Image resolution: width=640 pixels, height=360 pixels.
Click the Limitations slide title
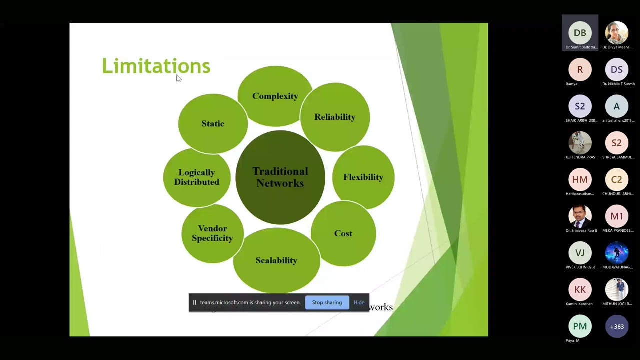156,66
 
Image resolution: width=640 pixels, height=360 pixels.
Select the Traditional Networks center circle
280,177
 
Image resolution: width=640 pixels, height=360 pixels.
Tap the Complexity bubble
275,96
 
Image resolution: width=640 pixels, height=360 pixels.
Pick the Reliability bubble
335,117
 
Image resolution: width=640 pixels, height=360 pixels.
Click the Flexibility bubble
363,177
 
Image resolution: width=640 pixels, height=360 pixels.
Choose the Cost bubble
343,233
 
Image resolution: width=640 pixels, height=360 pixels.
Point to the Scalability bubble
276,260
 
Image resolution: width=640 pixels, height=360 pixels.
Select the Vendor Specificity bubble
212,233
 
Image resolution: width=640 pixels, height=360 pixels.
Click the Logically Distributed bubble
197,177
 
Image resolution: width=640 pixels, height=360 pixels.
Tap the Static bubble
213,123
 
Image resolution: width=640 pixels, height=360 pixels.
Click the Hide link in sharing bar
359,302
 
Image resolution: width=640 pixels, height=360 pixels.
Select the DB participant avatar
580,33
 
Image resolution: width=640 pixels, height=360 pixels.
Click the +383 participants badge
617,326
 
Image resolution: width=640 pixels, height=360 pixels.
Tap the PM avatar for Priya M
580,326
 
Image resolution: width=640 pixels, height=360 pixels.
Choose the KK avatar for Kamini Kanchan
580,290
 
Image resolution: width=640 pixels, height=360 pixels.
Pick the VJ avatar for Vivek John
580,253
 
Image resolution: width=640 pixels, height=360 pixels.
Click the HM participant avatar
580,180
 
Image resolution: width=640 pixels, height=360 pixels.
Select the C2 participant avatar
617,180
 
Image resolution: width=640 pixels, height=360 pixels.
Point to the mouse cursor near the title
178,78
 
